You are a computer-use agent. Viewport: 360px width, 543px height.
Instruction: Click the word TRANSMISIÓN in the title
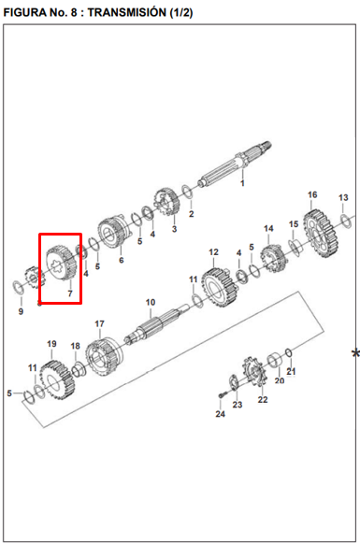click(127, 12)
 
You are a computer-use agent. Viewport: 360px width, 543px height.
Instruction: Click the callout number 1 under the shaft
click(242, 183)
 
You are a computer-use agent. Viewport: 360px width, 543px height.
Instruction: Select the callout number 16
click(312, 194)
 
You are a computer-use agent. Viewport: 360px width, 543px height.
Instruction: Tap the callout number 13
click(343, 197)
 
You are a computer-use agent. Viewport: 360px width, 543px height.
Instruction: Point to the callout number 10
click(151, 302)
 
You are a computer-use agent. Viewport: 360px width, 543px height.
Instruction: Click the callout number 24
click(221, 414)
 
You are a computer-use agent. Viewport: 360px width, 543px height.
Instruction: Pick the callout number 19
click(51, 344)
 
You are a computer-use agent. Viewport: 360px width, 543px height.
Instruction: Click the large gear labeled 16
click(321, 233)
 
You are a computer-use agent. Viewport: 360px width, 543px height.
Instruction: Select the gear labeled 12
click(220, 288)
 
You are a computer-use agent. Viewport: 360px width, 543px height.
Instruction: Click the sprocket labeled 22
click(254, 374)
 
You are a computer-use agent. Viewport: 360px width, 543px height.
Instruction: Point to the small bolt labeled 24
click(222, 394)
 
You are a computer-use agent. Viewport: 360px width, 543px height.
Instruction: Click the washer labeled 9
click(18, 288)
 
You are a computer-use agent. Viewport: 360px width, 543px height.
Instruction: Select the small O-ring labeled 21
click(289, 353)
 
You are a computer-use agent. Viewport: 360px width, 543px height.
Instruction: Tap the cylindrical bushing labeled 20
click(275, 361)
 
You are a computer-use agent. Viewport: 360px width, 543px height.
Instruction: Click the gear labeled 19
click(58, 380)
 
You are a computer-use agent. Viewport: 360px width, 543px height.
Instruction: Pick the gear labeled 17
click(104, 357)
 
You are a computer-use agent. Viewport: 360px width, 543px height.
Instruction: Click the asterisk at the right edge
click(355, 354)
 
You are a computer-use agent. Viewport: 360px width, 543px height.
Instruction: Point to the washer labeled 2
click(187, 193)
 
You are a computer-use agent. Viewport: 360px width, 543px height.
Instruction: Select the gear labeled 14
click(273, 259)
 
